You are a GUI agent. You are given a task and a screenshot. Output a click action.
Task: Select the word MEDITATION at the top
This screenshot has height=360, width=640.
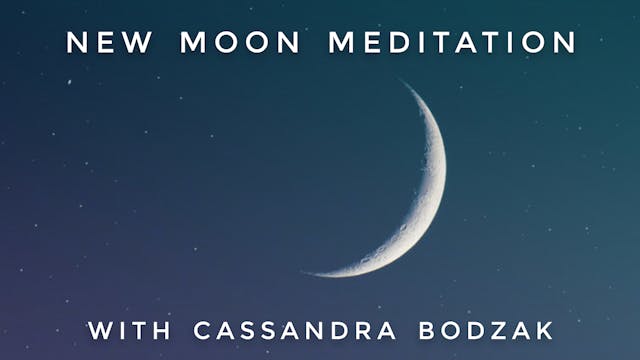pyautogui.click(x=453, y=43)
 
